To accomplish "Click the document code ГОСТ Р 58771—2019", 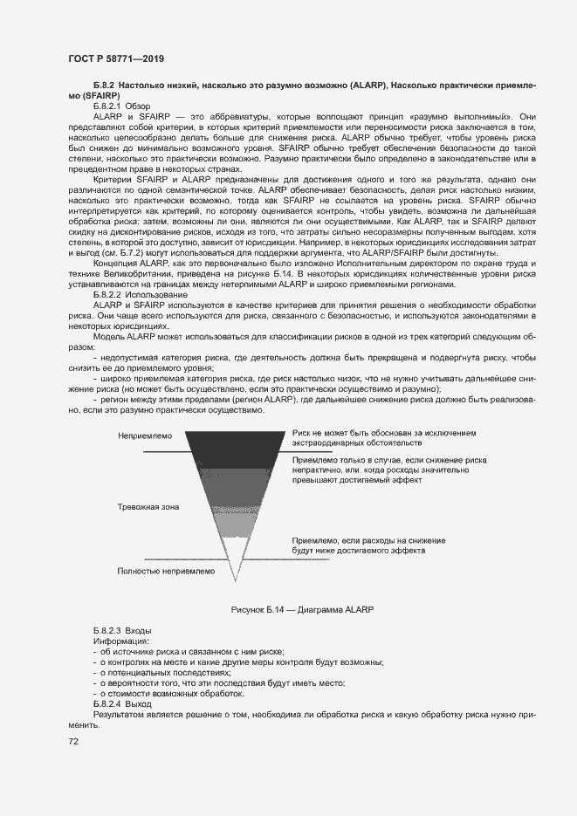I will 115,58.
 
